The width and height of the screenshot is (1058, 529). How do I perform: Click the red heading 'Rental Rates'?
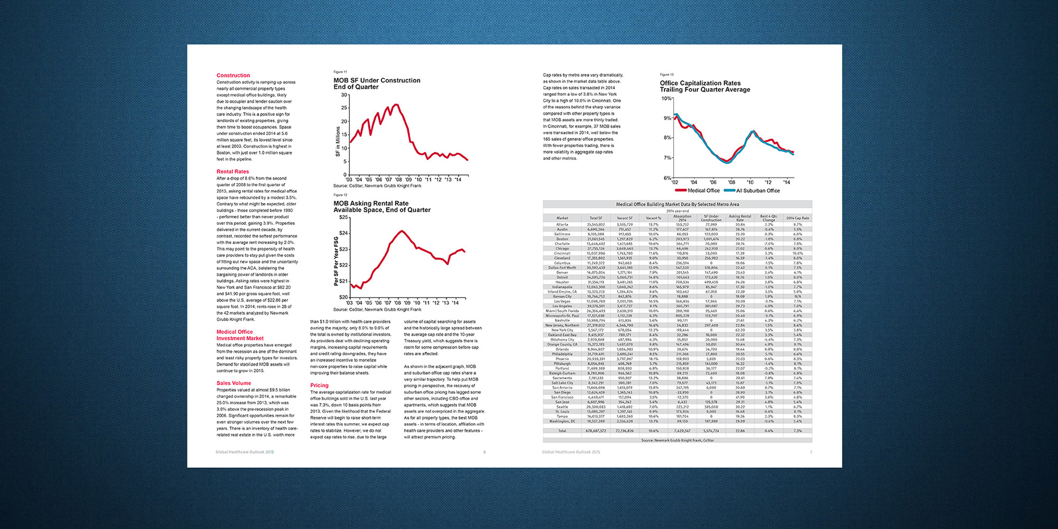coord(233,171)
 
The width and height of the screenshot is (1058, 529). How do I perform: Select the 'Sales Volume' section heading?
coord(234,383)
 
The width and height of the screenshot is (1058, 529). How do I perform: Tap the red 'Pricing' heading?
coord(319,386)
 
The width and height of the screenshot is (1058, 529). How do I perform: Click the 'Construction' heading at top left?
coord(233,75)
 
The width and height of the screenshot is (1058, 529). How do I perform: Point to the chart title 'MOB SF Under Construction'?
coord(377,80)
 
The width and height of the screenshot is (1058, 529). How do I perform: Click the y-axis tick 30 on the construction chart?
coord(344,95)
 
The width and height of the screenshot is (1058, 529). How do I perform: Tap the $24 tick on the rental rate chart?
coord(344,234)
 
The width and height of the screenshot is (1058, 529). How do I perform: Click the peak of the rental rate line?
coord(402,231)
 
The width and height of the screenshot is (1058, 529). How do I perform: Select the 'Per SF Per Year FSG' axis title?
coord(336,261)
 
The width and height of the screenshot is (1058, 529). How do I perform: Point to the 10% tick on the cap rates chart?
coord(666,99)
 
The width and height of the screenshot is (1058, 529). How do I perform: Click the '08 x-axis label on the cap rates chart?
coord(731,182)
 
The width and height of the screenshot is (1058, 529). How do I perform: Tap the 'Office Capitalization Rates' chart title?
coord(700,83)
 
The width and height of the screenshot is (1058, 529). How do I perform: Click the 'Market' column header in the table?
coord(562,218)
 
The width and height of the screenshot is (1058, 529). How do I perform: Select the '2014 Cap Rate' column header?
coord(797,218)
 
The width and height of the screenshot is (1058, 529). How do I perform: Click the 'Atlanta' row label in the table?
coord(562,225)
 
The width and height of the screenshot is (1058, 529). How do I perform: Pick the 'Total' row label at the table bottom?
coord(562,431)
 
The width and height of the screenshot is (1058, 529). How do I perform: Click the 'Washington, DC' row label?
coord(562,422)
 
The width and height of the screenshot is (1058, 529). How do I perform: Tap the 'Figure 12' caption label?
coord(340,195)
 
